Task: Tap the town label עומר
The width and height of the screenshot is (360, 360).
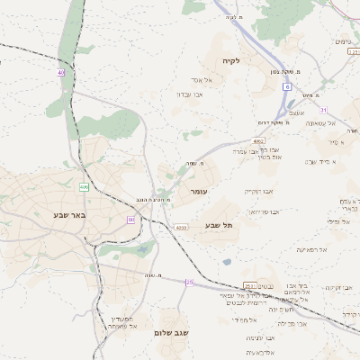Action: click(199, 192)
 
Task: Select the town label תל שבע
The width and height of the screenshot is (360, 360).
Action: click(219, 225)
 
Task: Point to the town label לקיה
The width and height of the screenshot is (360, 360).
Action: click(231, 60)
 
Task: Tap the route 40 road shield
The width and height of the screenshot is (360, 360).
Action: click(61, 73)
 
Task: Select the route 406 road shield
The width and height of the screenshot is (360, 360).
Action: click(84, 187)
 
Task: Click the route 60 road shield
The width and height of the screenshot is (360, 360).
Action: click(131, 219)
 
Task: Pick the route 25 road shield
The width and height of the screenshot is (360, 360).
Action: click(189, 283)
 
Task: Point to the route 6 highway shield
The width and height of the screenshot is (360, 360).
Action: click(286, 86)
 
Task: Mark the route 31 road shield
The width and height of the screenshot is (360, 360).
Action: click(346, 106)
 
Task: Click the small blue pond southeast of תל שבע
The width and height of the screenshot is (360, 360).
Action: click(228, 262)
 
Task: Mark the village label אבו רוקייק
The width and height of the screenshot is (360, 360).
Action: click(260, 191)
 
